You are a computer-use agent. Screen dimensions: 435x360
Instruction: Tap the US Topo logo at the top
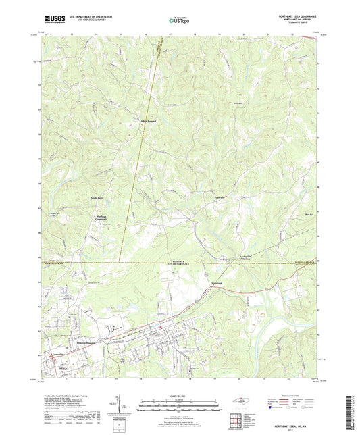[x=177, y=22]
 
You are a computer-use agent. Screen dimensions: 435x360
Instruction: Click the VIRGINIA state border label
[x=195, y=260]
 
